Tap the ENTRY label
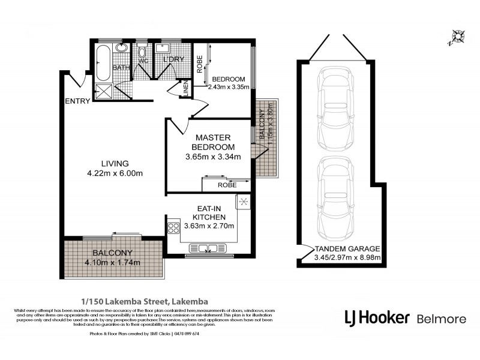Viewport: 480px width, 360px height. pyautogui.click(x=77, y=101)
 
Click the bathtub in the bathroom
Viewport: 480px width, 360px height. pyautogui.click(x=103, y=61)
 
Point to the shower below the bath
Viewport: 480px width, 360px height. pyautogui.click(x=103, y=92)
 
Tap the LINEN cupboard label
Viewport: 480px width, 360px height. pyautogui.click(x=185, y=89)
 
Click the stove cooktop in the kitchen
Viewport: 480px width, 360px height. pyautogui.click(x=175, y=227)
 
